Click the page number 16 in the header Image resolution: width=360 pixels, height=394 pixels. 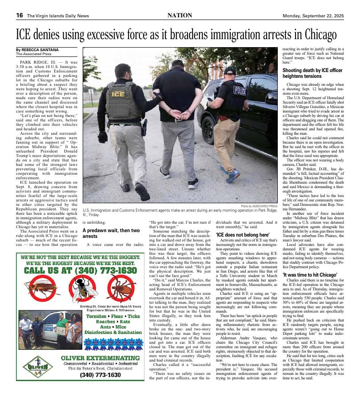[20, 15]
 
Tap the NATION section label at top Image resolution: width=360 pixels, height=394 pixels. [180, 15]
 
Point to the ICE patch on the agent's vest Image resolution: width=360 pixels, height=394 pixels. [118, 94]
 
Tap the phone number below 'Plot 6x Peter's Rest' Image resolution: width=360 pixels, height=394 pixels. [100, 375]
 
